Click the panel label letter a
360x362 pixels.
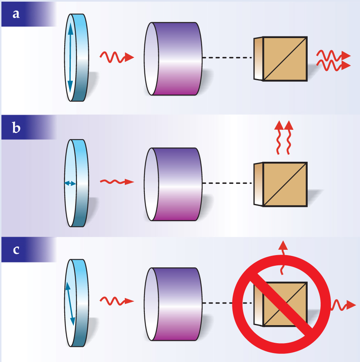[16, 14]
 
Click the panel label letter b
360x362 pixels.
[16, 128]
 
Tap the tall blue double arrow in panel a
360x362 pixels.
[70, 58]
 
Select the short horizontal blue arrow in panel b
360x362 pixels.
[70, 183]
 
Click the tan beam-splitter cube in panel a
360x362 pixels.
[284, 59]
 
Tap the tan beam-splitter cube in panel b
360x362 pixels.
[284, 184]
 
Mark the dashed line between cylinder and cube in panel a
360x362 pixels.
[227, 58]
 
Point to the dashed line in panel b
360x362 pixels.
[227, 183]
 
